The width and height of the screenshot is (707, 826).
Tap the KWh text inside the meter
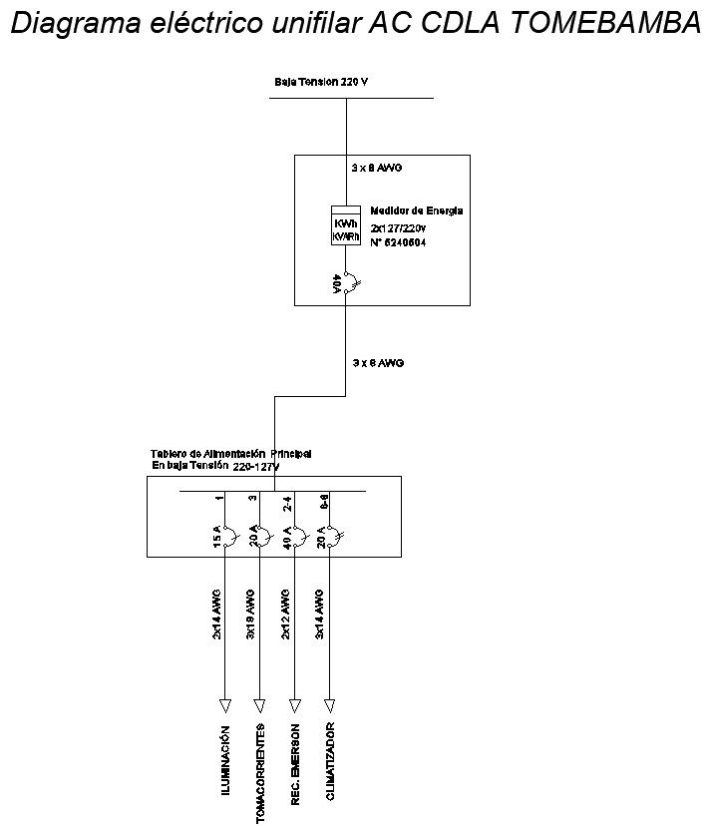click(345, 223)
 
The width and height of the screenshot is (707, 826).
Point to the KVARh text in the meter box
click(345, 235)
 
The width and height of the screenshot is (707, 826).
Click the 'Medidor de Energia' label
click(416, 210)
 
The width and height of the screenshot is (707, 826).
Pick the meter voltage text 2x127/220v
click(398, 227)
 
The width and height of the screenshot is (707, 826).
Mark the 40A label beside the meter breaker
click(337, 285)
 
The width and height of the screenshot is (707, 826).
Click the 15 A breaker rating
click(216, 539)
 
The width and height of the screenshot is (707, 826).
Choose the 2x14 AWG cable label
click(216, 616)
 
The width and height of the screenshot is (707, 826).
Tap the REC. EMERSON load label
click(295, 764)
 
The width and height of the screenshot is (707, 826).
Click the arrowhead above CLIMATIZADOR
click(329, 701)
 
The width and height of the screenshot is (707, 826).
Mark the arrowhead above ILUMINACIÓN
click(225, 701)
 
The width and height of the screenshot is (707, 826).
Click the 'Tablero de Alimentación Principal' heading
click(231, 454)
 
